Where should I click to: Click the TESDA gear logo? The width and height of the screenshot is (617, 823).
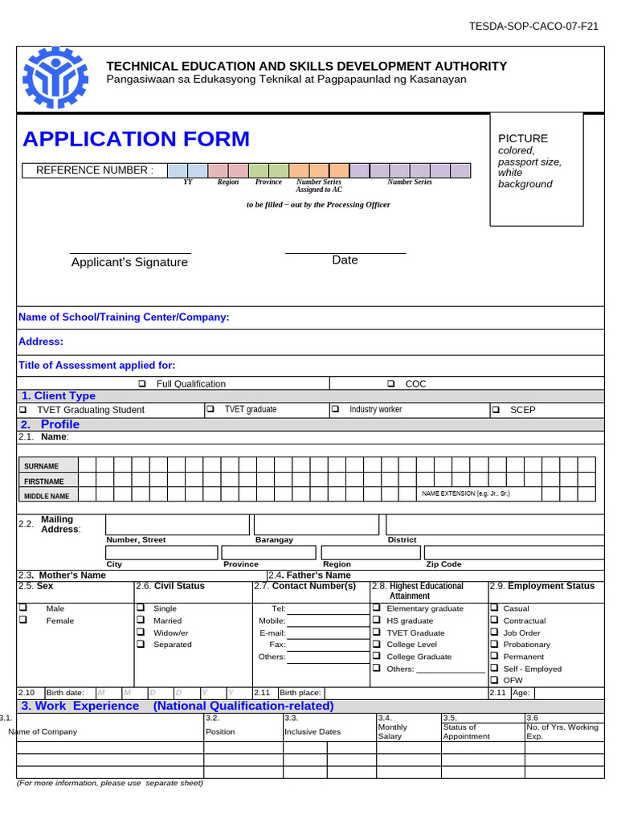(55, 79)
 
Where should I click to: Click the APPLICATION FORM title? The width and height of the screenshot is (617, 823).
(136, 139)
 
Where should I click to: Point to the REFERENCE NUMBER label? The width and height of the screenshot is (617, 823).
(94, 170)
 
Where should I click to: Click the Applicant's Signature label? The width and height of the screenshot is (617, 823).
(129, 262)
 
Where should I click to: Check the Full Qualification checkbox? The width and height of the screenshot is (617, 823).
(142, 384)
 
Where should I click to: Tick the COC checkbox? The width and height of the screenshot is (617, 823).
(391, 384)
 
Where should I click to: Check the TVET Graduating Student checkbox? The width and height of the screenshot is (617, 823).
(22, 410)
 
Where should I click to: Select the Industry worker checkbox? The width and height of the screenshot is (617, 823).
(335, 410)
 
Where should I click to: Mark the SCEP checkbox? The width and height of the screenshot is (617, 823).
(495, 410)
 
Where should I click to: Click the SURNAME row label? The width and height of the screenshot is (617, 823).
(41, 466)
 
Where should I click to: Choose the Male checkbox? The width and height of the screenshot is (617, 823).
(22, 608)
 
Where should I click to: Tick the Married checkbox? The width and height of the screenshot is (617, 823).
(141, 620)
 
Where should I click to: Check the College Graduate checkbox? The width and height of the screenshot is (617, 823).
(376, 657)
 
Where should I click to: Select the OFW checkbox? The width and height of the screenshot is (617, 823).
(494, 680)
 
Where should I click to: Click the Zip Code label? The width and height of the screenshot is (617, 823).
(443, 564)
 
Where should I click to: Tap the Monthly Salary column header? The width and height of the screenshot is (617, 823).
(393, 731)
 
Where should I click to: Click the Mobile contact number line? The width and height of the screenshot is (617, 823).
(328, 621)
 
